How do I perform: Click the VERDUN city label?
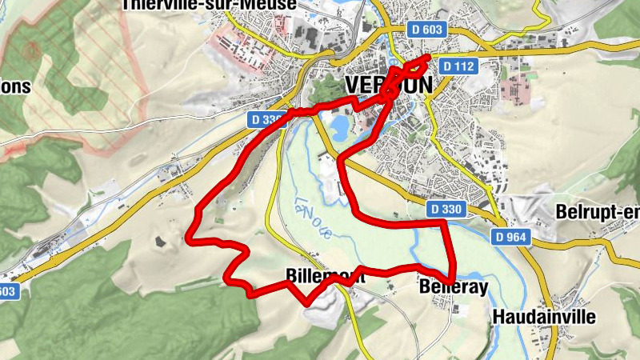click(x=389, y=84)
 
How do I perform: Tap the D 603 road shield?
click(x=426, y=30)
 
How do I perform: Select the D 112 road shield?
click(x=459, y=66)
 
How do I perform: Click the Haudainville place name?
click(x=545, y=317)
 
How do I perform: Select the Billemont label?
click(x=325, y=277)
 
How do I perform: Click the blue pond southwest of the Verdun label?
click(x=337, y=125)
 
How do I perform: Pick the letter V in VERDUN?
click(x=353, y=84)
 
